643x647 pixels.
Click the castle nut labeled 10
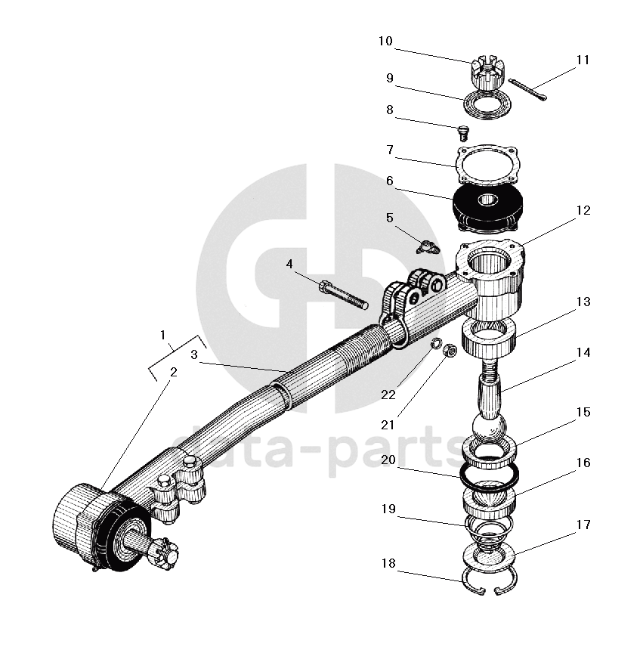[x=485, y=70]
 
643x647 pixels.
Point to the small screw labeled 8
[x=463, y=134]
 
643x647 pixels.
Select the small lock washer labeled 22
[x=435, y=345]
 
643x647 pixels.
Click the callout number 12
[x=583, y=210]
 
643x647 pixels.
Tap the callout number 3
[x=194, y=353]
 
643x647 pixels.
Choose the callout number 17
[x=583, y=525]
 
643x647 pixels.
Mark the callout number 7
[x=390, y=150]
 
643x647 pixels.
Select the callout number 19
[x=388, y=509]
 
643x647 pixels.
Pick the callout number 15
[x=583, y=413]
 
